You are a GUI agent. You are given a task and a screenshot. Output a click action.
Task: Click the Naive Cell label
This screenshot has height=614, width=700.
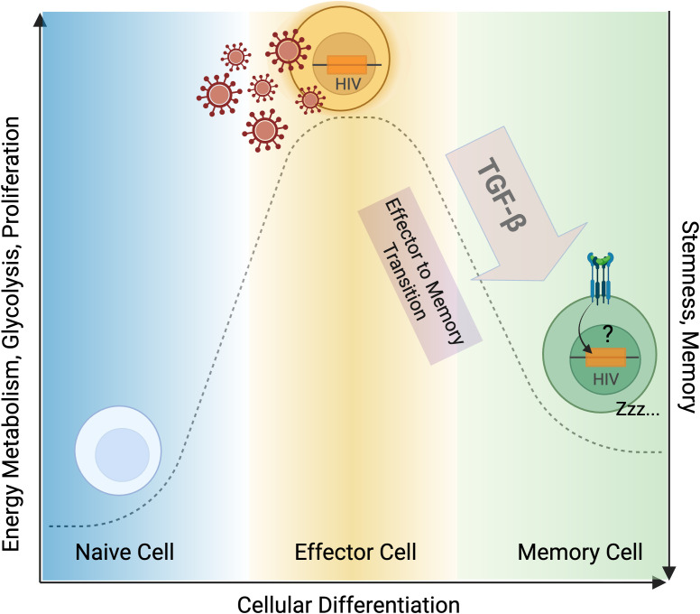click(124, 553)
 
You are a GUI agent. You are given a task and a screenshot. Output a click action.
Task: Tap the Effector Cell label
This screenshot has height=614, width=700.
click(355, 553)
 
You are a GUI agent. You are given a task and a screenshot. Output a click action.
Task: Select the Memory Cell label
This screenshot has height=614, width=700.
click(580, 553)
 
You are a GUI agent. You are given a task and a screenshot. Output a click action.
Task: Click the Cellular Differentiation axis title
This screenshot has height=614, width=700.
click(348, 605)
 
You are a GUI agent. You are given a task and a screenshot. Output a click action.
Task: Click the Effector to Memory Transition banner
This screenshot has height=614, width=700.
click(420, 275)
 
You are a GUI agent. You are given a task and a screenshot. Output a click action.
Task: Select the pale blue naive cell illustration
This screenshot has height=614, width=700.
click(118, 451)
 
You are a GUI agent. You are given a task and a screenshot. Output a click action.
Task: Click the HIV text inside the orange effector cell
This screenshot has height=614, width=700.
click(348, 84)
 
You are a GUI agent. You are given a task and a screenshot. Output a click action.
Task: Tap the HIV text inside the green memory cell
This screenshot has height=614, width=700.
click(605, 379)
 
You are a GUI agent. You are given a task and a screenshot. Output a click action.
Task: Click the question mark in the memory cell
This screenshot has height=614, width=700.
click(607, 334)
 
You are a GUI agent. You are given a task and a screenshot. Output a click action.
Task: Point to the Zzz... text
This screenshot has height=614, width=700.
click(638, 408)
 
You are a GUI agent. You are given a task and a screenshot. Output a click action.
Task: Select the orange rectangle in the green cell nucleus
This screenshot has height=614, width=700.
click(606, 358)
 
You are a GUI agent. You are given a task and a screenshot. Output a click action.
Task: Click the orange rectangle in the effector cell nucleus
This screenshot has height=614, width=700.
click(347, 65)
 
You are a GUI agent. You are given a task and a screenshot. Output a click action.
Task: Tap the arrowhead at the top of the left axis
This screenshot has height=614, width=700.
click(41, 20)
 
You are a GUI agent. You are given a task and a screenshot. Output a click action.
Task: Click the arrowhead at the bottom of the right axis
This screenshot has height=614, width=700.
click(668, 572)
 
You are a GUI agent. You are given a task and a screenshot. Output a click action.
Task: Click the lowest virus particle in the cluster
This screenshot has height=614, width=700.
click(265, 131)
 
